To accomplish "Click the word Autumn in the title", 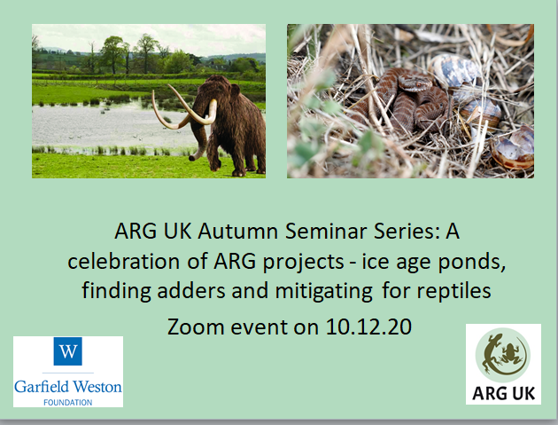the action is click(237, 232).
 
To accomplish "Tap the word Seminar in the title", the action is click(326, 232).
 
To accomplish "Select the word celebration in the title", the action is click(123, 262).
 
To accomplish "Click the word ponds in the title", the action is click(471, 262).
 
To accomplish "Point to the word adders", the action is click(191, 291).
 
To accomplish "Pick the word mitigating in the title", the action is click(324, 292).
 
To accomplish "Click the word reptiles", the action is click(454, 292).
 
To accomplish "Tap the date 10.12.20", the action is click(368, 327).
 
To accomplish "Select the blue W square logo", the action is click(67, 351).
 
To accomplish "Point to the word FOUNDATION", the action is click(68, 403).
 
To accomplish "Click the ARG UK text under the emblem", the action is click(504, 394).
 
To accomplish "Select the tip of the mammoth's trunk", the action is click(191, 158).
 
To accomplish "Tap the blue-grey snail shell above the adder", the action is click(454, 71).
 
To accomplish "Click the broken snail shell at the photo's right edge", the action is click(514, 148).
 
